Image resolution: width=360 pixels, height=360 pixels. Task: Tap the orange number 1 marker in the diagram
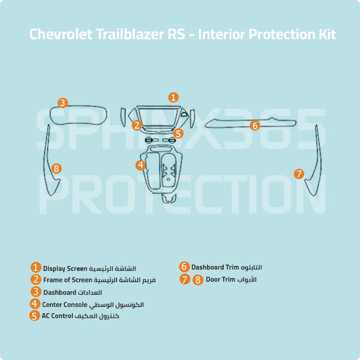[x=173, y=97]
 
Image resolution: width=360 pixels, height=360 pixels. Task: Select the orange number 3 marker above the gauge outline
[x=63, y=103]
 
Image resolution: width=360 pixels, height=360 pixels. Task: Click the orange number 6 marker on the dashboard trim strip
[x=255, y=126]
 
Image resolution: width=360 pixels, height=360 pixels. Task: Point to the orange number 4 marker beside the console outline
[x=141, y=165]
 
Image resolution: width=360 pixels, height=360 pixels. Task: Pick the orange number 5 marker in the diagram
[x=178, y=133]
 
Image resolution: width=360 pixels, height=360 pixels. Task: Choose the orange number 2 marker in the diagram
[x=137, y=126]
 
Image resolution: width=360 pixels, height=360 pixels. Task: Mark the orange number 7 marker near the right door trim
[x=299, y=174]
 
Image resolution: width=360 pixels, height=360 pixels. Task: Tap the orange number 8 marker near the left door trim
[x=56, y=168]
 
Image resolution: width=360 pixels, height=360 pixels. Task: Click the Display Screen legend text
[x=65, y=269]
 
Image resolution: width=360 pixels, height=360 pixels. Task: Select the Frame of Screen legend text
[x=67, y=280]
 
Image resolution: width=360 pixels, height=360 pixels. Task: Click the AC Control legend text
[x=58, y=316]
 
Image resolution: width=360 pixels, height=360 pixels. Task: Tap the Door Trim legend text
[x=220, y=279]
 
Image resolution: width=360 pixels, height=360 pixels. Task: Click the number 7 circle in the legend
[x=184, y=279]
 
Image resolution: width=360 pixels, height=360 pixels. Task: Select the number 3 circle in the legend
[x=36, y=292]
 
